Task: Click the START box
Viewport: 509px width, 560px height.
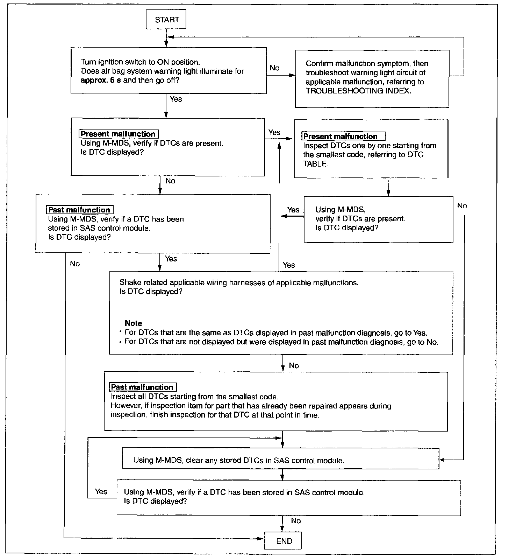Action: (x=166, y=20)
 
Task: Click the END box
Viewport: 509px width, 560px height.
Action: (x=284, y=541)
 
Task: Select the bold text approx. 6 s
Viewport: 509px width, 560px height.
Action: (x=101, y=80)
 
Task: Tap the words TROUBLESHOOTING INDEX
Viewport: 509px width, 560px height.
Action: (x=358, y=91)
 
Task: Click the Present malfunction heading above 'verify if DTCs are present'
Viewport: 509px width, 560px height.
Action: (x=119, y=134)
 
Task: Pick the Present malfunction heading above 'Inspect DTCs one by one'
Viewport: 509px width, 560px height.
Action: (x=343, y=136)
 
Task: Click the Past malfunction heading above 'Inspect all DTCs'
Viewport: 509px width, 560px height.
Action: (x=143, y=387)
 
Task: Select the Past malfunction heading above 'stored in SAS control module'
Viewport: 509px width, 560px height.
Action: (x=80, y=210)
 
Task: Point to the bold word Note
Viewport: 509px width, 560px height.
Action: (x=133, y=323)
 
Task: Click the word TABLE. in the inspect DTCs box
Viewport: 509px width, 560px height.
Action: (x=316, y=164)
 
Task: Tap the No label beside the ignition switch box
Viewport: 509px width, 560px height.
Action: (x=274, y=68)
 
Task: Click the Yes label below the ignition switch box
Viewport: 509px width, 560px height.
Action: (x=175, y=99)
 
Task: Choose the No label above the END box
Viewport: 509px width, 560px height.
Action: (x=296, y=521)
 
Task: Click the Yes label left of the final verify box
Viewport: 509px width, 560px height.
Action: (x=101, y=491)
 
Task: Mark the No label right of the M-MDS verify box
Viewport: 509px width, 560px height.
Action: (x=462, y=206)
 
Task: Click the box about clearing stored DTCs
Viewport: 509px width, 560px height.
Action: (x=280, y=458)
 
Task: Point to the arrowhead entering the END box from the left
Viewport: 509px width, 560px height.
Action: (x=261, y=539)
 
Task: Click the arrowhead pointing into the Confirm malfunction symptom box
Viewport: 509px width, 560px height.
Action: (x=292, y=75)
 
